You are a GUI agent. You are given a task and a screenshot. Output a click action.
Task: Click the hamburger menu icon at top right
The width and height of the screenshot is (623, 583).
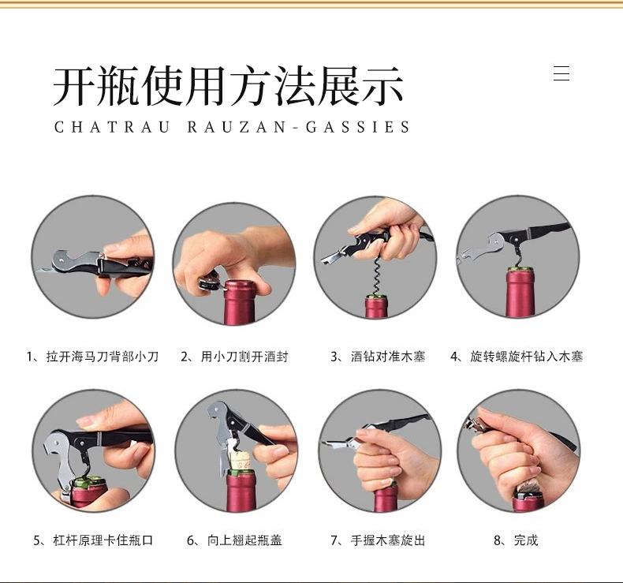pyautogui.click(x=561, y=73)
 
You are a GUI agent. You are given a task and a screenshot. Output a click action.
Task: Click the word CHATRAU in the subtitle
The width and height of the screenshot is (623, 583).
pyautogui.click(x=112, y=127)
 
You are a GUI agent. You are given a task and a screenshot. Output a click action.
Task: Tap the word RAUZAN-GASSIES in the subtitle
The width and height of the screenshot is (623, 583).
pyautogui.click(x=298, y=127)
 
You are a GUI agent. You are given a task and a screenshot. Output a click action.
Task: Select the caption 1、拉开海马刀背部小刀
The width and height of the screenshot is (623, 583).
pyautogui.click(x=92, y=357)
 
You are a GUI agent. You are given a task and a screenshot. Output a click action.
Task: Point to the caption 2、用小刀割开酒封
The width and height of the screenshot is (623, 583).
pyautogui.click(x=234, y=357)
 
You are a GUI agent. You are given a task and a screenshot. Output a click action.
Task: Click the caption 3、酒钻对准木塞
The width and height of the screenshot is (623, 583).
pyautogui.click(x=378, y=357)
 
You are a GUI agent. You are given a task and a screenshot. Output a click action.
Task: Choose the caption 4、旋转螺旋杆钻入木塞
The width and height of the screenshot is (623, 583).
pyautogui.click(x=517, y=357)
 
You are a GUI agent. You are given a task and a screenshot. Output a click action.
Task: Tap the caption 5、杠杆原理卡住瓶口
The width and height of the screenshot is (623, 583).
pyautogui.click(x=93, y=540)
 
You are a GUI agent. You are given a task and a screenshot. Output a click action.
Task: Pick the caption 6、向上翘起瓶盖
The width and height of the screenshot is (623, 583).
pyautogui.click(x=234, y=540)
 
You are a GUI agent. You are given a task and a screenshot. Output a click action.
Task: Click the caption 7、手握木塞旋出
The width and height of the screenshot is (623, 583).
pyautogui.click(x=378, y=540)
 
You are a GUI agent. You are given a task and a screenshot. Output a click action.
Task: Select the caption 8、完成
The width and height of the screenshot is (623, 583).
pyautogui.click(x=516, y=540)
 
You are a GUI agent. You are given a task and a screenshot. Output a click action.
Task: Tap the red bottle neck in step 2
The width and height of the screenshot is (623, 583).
pyautogui.click(x=238, y=303)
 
